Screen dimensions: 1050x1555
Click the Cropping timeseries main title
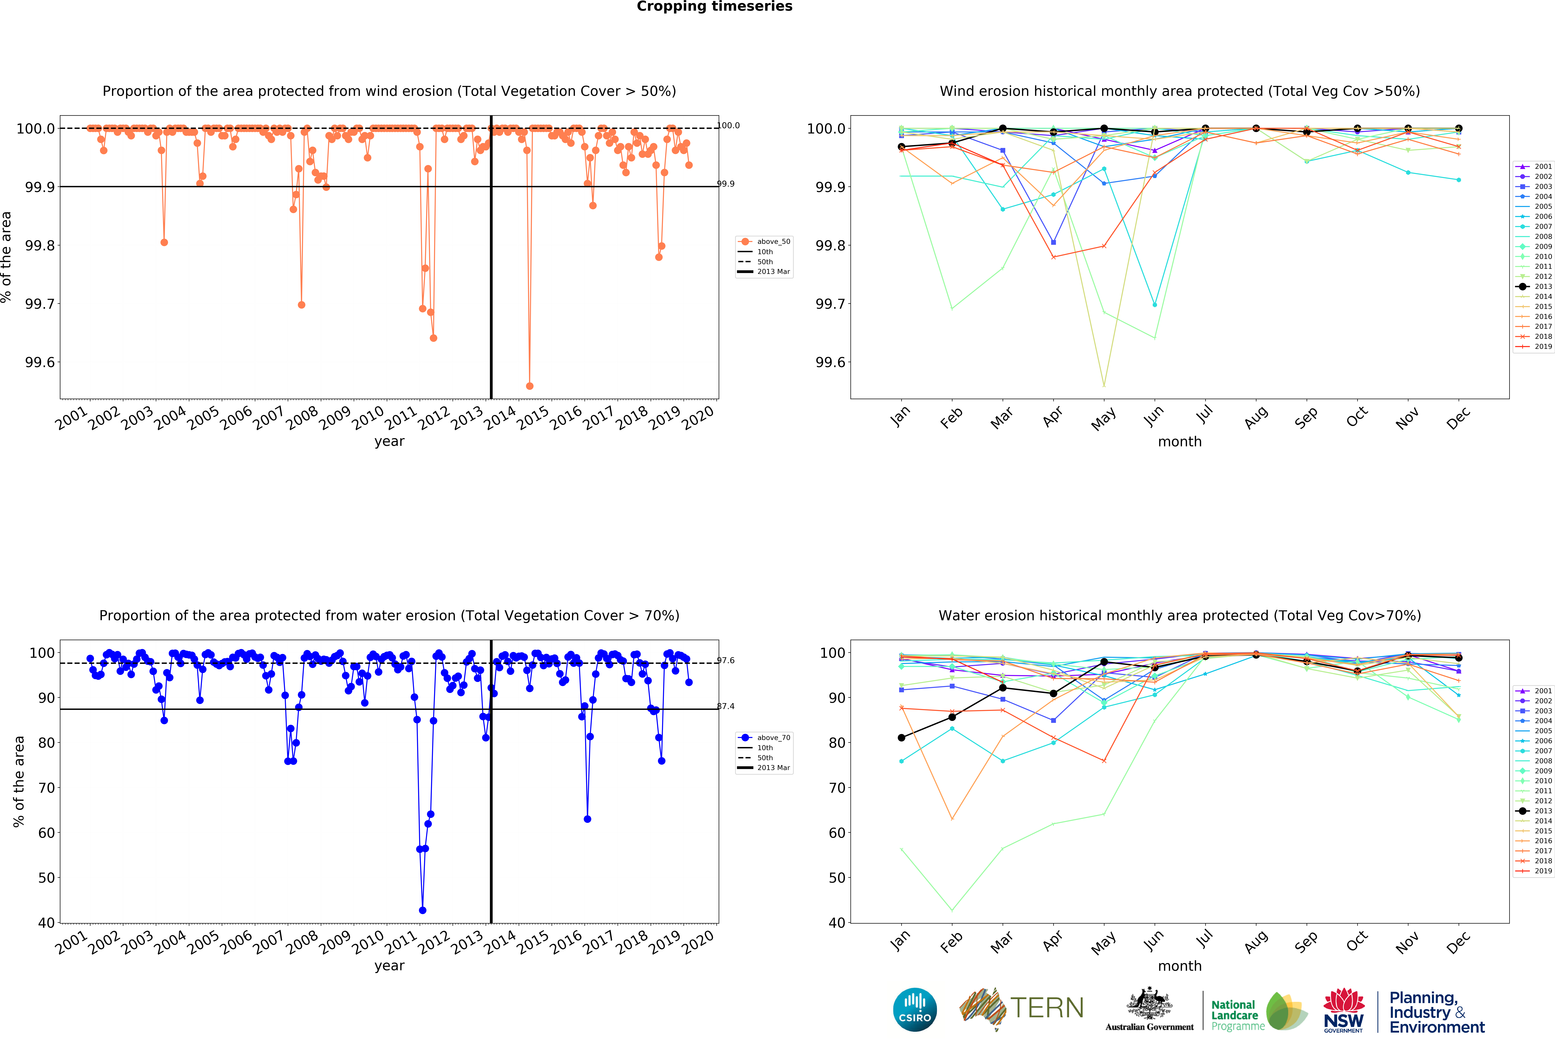tap(714, 7)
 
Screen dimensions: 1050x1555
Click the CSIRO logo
tap(915, 1009)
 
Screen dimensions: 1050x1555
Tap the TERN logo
tap(1022, 1009)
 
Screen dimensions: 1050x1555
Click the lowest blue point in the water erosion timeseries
tap(422, 910)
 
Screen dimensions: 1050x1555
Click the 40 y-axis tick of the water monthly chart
tap(837, 923)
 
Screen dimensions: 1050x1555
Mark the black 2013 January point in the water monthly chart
tap(901, 738)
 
